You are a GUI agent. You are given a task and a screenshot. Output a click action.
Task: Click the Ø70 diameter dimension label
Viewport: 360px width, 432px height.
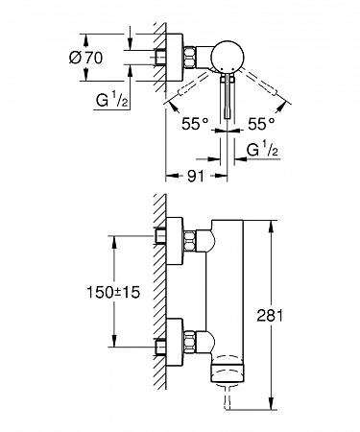point(86,58)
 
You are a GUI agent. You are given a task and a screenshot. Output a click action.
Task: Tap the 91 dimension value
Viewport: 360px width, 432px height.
point(195,176)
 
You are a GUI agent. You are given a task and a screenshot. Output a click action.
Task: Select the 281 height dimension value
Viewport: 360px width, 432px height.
point(270,316)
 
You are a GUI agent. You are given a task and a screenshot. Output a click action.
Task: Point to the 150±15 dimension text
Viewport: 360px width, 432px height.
point(113,292)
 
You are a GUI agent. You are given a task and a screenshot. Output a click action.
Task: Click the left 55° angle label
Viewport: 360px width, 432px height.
point(195,124)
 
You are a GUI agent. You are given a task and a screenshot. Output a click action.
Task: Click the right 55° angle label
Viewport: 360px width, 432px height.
point(261,124)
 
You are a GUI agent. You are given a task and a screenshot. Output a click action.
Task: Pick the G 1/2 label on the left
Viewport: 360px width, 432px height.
point(112,101)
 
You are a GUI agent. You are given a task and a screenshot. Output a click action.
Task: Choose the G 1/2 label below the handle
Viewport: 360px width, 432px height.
point(262,150)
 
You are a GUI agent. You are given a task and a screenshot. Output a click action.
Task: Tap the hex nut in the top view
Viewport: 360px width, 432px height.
point(190,58)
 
